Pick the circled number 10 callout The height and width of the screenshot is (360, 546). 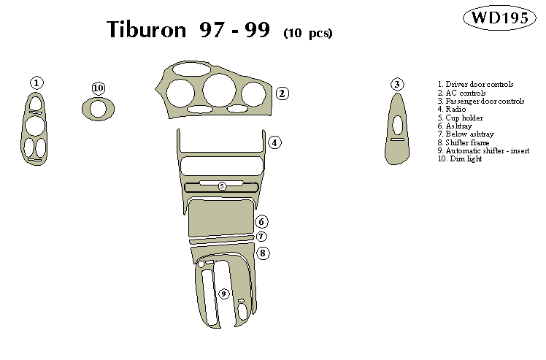(99, 88)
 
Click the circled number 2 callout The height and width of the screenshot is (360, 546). (282, 93)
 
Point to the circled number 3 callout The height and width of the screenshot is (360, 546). (396, 84)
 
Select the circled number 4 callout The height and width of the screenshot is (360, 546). (274, 142)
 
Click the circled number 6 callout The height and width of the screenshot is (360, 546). (262, 222)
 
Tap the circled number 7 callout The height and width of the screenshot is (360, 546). (262, 237)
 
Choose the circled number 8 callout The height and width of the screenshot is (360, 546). (264, 253)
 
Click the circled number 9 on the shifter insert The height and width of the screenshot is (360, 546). (224, 294)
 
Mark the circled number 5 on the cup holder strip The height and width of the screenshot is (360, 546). (222, 186)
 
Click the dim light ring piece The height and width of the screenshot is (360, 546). (98, 109)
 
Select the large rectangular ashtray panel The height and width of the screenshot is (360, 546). (221, 218)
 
